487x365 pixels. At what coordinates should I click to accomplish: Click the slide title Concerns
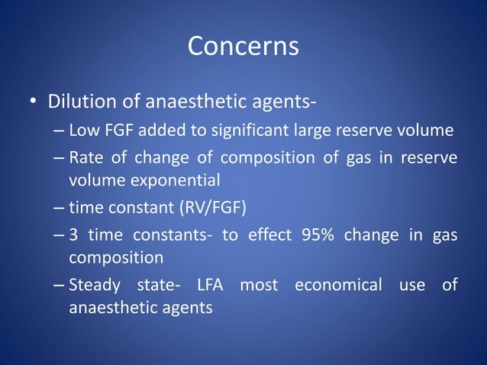tap(243, 47)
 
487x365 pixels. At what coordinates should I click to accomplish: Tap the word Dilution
tap(82, 102)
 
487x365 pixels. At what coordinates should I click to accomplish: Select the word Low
tap(83, 131)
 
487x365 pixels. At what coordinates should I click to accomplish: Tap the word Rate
tap(85, 158)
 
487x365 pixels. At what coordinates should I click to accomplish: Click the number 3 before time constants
tap(73, 235)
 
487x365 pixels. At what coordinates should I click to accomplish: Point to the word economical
tap(338, 286)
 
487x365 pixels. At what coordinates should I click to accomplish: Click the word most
tap(259, 286)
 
